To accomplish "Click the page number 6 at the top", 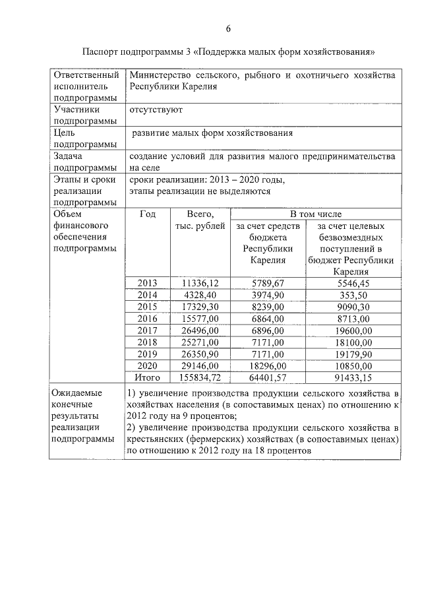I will [x=228, y=28].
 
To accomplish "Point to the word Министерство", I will [x=158, y=75].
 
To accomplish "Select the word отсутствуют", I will [x=156, y=109].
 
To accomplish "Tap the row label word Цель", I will [x=65, y=133].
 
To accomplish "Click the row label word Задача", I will [x=68, y=156].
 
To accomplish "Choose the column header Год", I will [x=148, y=214].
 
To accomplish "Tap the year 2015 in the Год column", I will [x=148, y=306].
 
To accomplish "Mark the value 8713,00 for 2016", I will [x=355, y=318].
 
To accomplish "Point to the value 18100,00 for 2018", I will [x=355, y=342].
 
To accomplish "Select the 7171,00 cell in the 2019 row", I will [x=268, y=354].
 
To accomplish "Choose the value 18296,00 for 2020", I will [x=268, y=365].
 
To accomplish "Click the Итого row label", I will [x=148, y=377].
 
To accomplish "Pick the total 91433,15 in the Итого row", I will [x=355, y=377].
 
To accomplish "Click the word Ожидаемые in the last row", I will [x=76, y=393].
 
